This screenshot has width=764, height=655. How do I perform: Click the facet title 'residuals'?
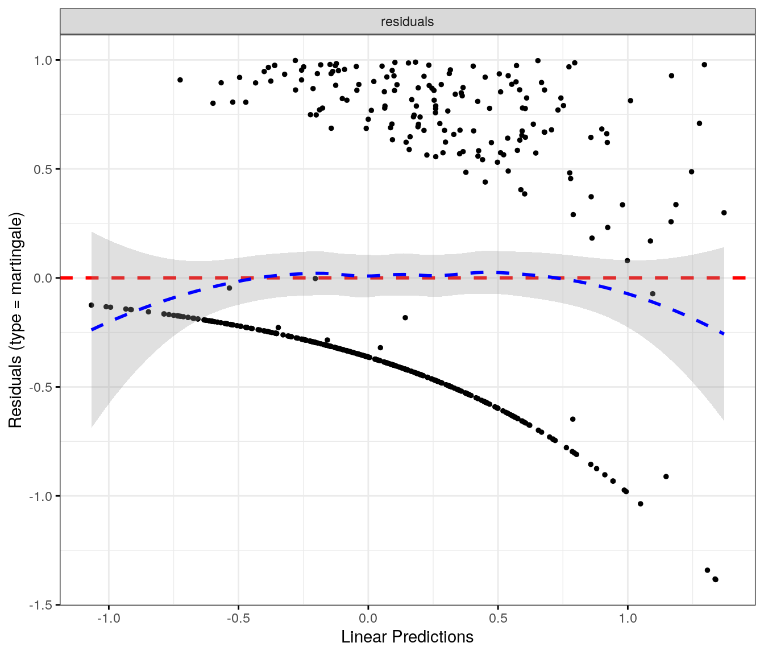(x=407, y=22)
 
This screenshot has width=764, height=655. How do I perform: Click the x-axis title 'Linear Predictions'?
(x=407, y=637)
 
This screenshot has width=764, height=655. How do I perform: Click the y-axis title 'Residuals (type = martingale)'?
(x=15, y=320)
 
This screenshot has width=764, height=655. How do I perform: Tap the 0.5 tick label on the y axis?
(x=43, y=169)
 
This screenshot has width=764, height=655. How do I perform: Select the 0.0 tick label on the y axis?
(x=43, y=278)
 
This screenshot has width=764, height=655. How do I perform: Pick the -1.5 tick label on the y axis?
(x=41, y=605)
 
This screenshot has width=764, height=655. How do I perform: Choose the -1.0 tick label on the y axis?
(x=41, y=496)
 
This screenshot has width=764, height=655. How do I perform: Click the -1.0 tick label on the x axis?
(x=109, y=619)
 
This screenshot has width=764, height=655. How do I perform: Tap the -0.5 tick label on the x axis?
(x=238, y=619)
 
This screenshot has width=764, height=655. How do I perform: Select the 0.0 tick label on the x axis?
(x=368, y=619)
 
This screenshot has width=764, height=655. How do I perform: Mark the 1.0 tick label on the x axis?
(x=628, y=619)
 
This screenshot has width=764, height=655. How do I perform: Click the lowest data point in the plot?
(x=715, y=579)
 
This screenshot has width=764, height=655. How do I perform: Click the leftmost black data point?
(x=91, y=305)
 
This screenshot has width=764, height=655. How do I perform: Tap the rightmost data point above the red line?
(x=724, y=213)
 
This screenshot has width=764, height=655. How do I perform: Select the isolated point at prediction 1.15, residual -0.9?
(x=666, y=476)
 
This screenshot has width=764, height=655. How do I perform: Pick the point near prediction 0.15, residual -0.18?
(x=405, y=318)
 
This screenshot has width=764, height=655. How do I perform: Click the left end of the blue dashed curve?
(x=92, y=330)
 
